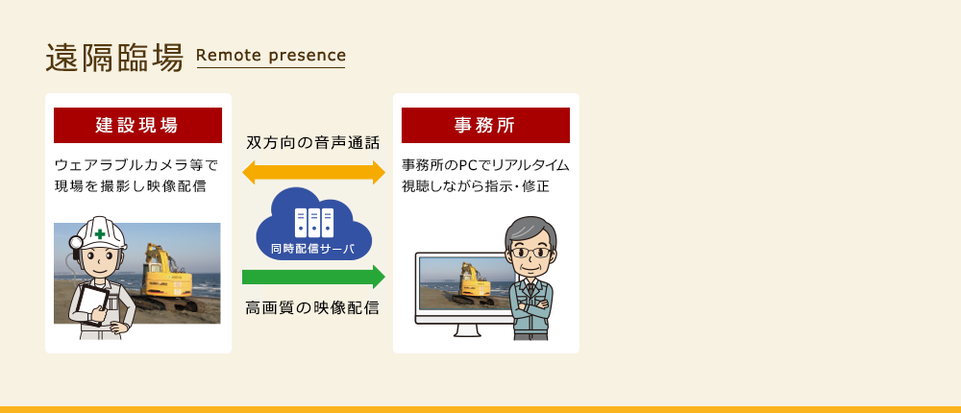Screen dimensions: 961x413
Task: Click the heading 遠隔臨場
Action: pos(114,59)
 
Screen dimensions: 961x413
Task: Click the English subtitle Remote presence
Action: pos(271,55)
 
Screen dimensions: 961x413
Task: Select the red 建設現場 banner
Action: pos(137,125)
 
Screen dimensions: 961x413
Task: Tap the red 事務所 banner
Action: pos(485,125)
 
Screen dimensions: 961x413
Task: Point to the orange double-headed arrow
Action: pos(314,173)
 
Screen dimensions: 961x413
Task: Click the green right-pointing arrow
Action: pos(314,277)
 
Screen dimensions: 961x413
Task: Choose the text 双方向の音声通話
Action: pos(313,143)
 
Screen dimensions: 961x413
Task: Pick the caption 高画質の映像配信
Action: pos(312,307)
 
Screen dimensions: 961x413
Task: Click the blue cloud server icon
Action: pos(314,224)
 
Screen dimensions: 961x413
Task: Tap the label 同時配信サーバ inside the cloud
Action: pos(312,249)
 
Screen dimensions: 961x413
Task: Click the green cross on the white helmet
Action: pos(99,233)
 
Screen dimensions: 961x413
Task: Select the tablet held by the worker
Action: pos(93,304)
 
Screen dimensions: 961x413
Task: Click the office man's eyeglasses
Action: pos(530,252)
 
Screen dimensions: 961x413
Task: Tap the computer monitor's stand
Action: pos(467,329)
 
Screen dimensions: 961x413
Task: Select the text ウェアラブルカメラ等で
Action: pos(136,165)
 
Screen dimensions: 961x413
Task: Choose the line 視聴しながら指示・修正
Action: pos(476,186)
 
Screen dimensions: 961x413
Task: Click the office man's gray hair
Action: pos(530,231)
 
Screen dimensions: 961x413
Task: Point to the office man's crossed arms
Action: pos(530,306)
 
